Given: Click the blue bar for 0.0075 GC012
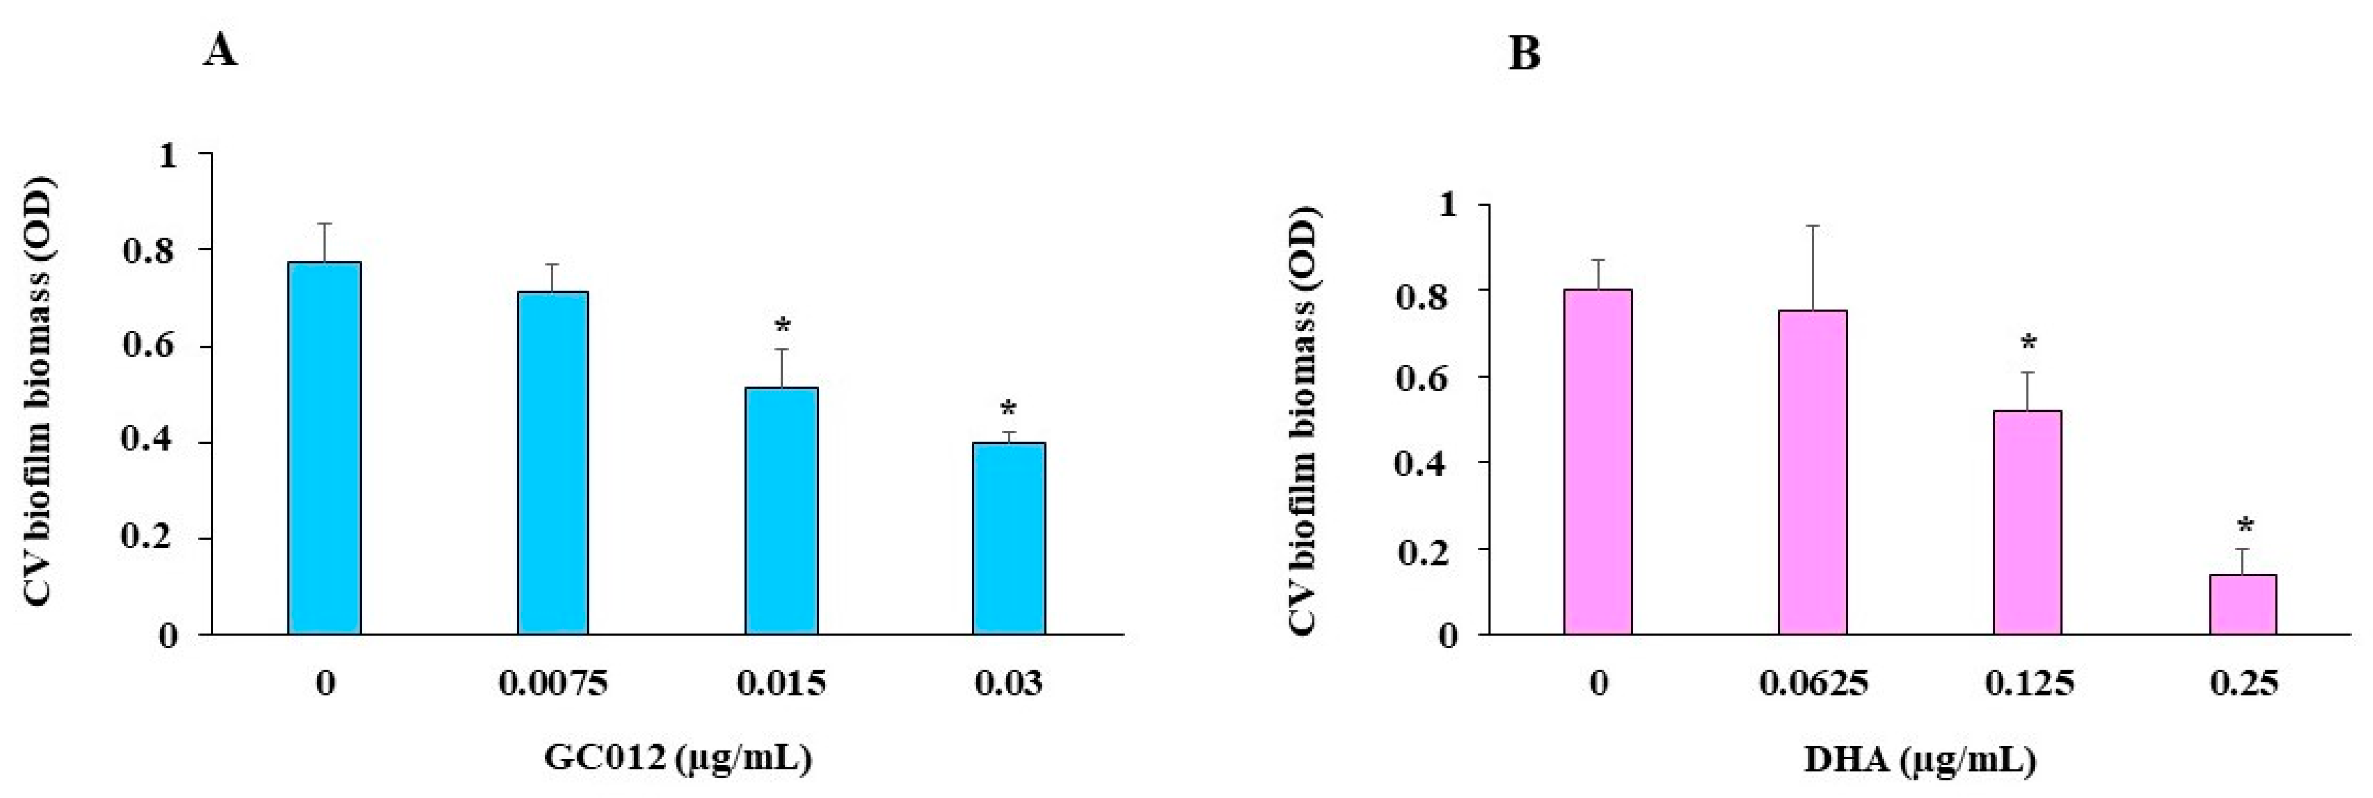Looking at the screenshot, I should click(553, 463).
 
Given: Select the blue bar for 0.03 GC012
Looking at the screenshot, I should click(1009, 538).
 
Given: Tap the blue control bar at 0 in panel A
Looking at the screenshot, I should click(325, 448).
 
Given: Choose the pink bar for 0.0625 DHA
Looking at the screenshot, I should click(1812, 472).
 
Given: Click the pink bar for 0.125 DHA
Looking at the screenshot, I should click(2028, 522).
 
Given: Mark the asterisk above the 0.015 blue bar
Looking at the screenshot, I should click(782, 326).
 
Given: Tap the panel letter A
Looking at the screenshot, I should click(220, 51).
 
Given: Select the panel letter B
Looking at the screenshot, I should click(1524, 55).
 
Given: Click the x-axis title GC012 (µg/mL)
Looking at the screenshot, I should click(679, 758).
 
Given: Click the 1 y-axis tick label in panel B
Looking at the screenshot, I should click(1449, 204).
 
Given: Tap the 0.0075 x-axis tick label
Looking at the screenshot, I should click(553, 684).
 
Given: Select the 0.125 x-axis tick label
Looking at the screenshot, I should click(2028, 684).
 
